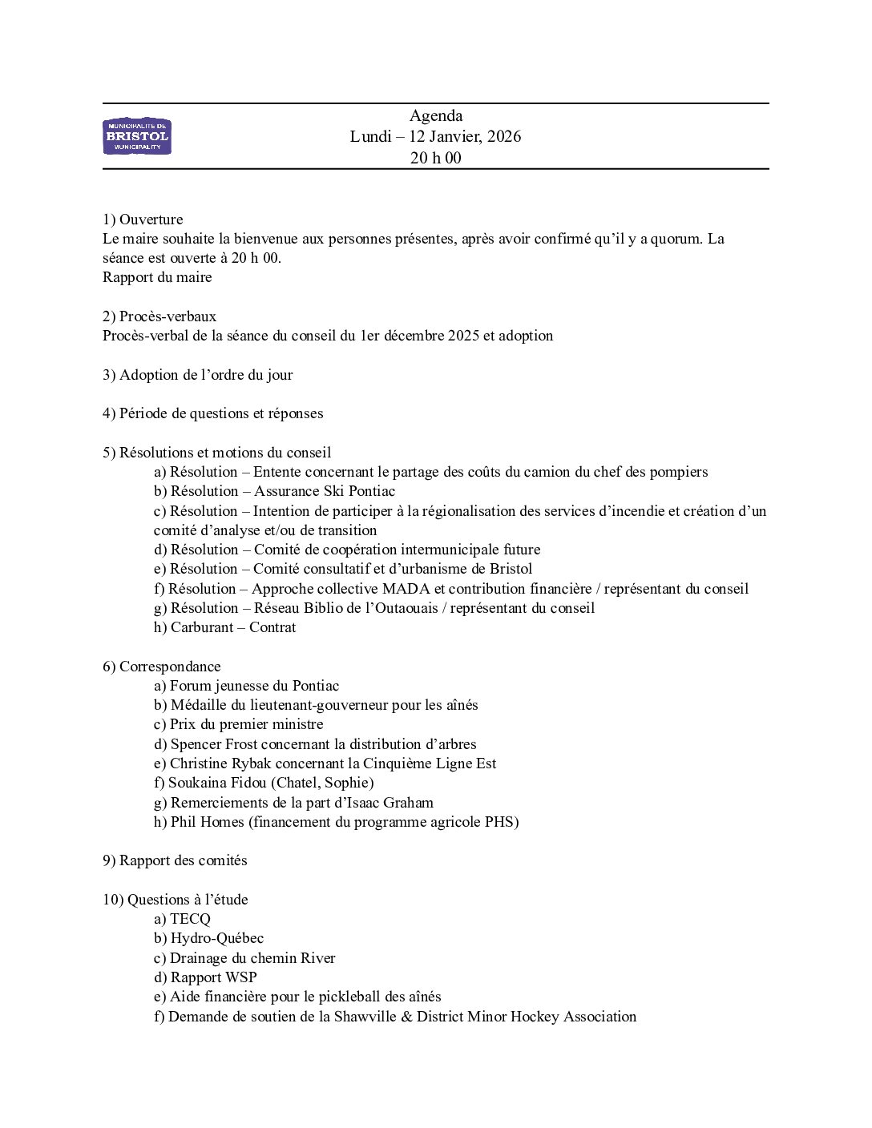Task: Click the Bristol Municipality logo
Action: tap(137, 136)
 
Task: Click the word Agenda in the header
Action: tap(435, 116)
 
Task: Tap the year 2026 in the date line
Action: tap(503, 137)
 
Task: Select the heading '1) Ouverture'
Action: tap(143, 220)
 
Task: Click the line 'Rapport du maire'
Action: tap(157, 277)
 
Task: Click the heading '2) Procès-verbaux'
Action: tap(159, 316)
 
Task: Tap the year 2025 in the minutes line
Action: tap(463, 336)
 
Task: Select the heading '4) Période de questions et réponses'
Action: tap(213, 413)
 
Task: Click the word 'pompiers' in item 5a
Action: tap(680, 472)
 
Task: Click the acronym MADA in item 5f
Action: tap(406, 589)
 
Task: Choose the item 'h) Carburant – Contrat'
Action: tap(225, 627)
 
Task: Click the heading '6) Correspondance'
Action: tap(162, 667)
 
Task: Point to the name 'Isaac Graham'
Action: tap(396, 803)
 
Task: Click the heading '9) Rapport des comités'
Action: tap(175, 860)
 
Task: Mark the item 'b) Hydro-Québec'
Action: tap(209, 938)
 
